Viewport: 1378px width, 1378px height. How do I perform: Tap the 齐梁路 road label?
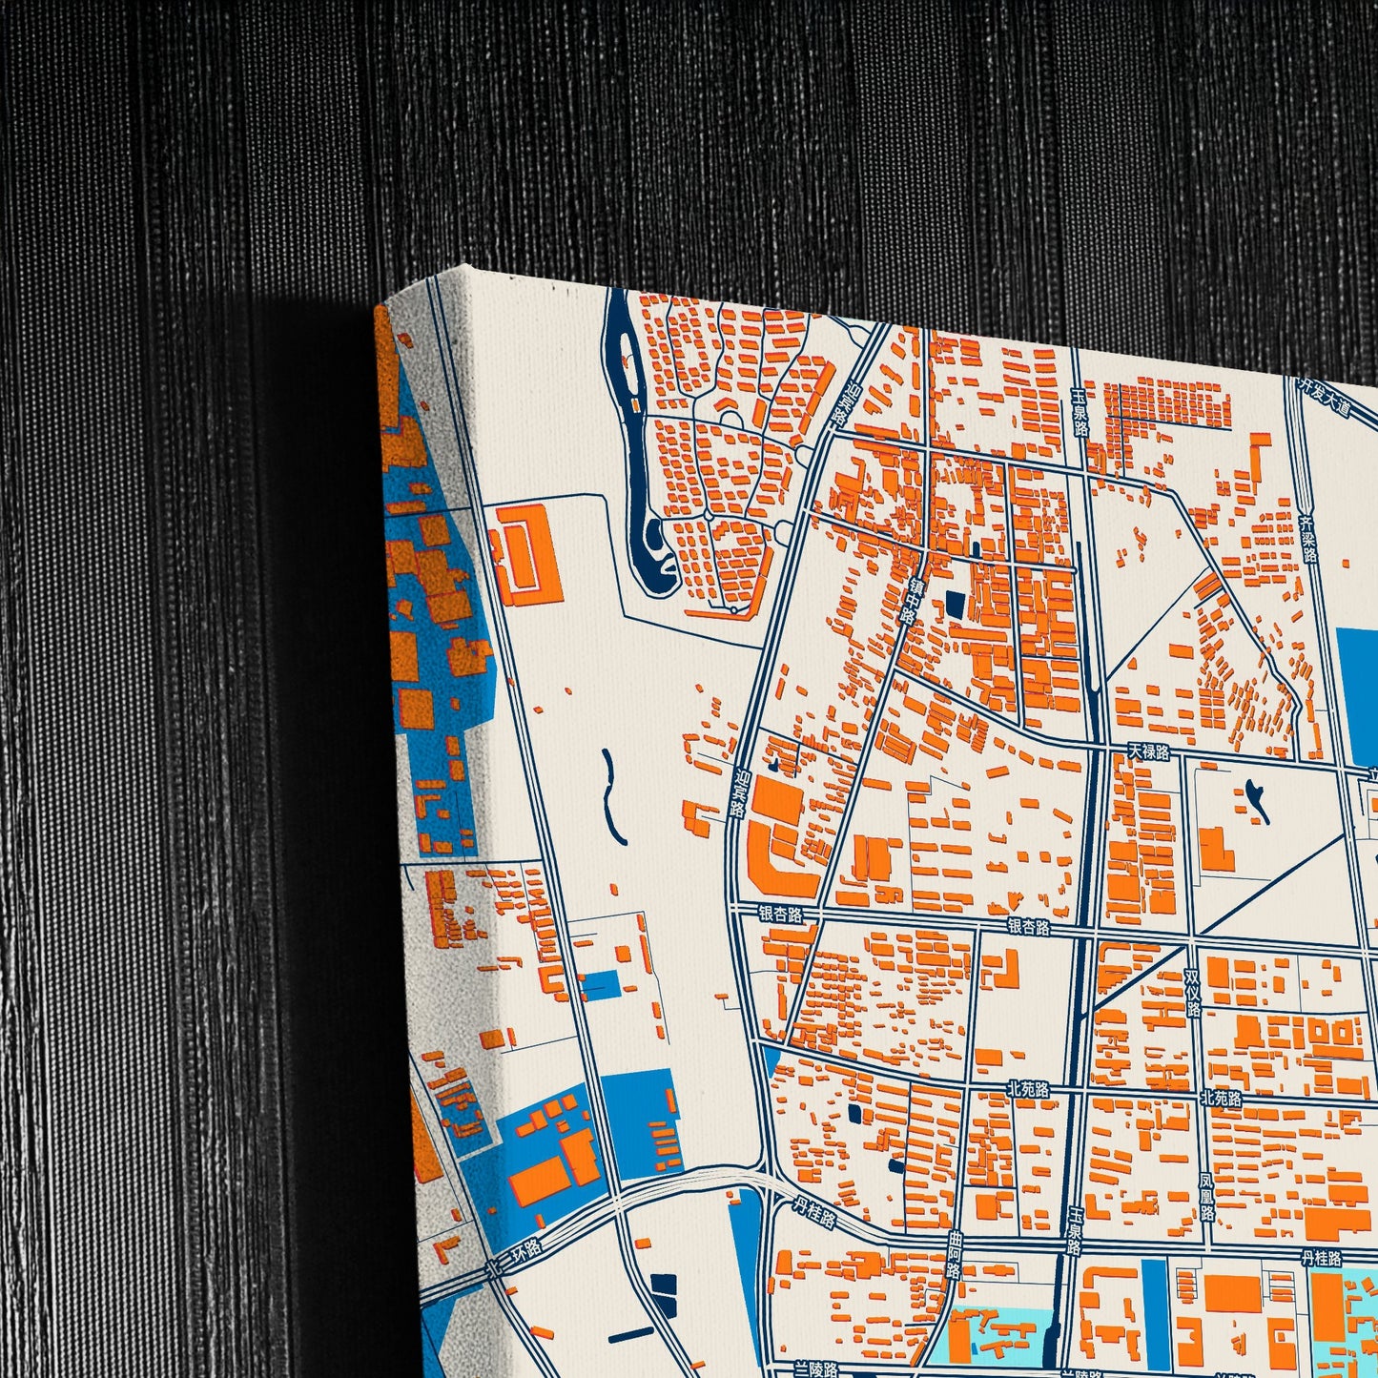click(1309, 539)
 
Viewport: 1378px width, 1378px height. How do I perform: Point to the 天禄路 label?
click(1148, 752)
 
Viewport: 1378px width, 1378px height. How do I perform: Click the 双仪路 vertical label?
click(1192, 993)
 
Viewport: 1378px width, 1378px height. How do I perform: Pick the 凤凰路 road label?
click(1207, 1197)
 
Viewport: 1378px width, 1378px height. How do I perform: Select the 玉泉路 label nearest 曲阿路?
click(1075, 1229)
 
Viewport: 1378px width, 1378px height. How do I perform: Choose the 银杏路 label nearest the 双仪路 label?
click(1028, 926)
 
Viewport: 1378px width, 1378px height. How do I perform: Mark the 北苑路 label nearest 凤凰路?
click(1221, 1099)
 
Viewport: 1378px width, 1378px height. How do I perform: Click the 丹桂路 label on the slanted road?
click(814, 1212)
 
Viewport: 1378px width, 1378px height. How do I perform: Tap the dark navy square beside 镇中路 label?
click(955, 604)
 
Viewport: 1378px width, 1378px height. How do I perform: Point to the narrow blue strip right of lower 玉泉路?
click(1154, 1306)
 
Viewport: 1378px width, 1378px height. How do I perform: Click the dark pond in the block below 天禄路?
click(1257, 799)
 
